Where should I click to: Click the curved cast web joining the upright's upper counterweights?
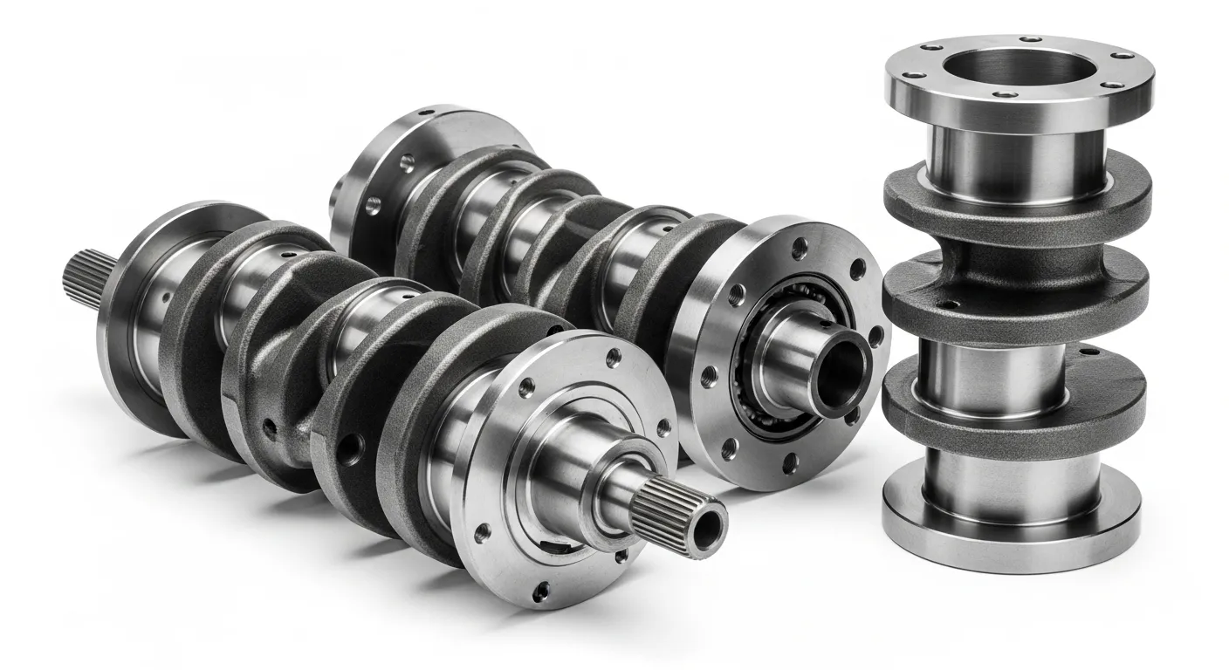[1013, 253]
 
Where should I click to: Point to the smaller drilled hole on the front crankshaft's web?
[271, 427]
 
